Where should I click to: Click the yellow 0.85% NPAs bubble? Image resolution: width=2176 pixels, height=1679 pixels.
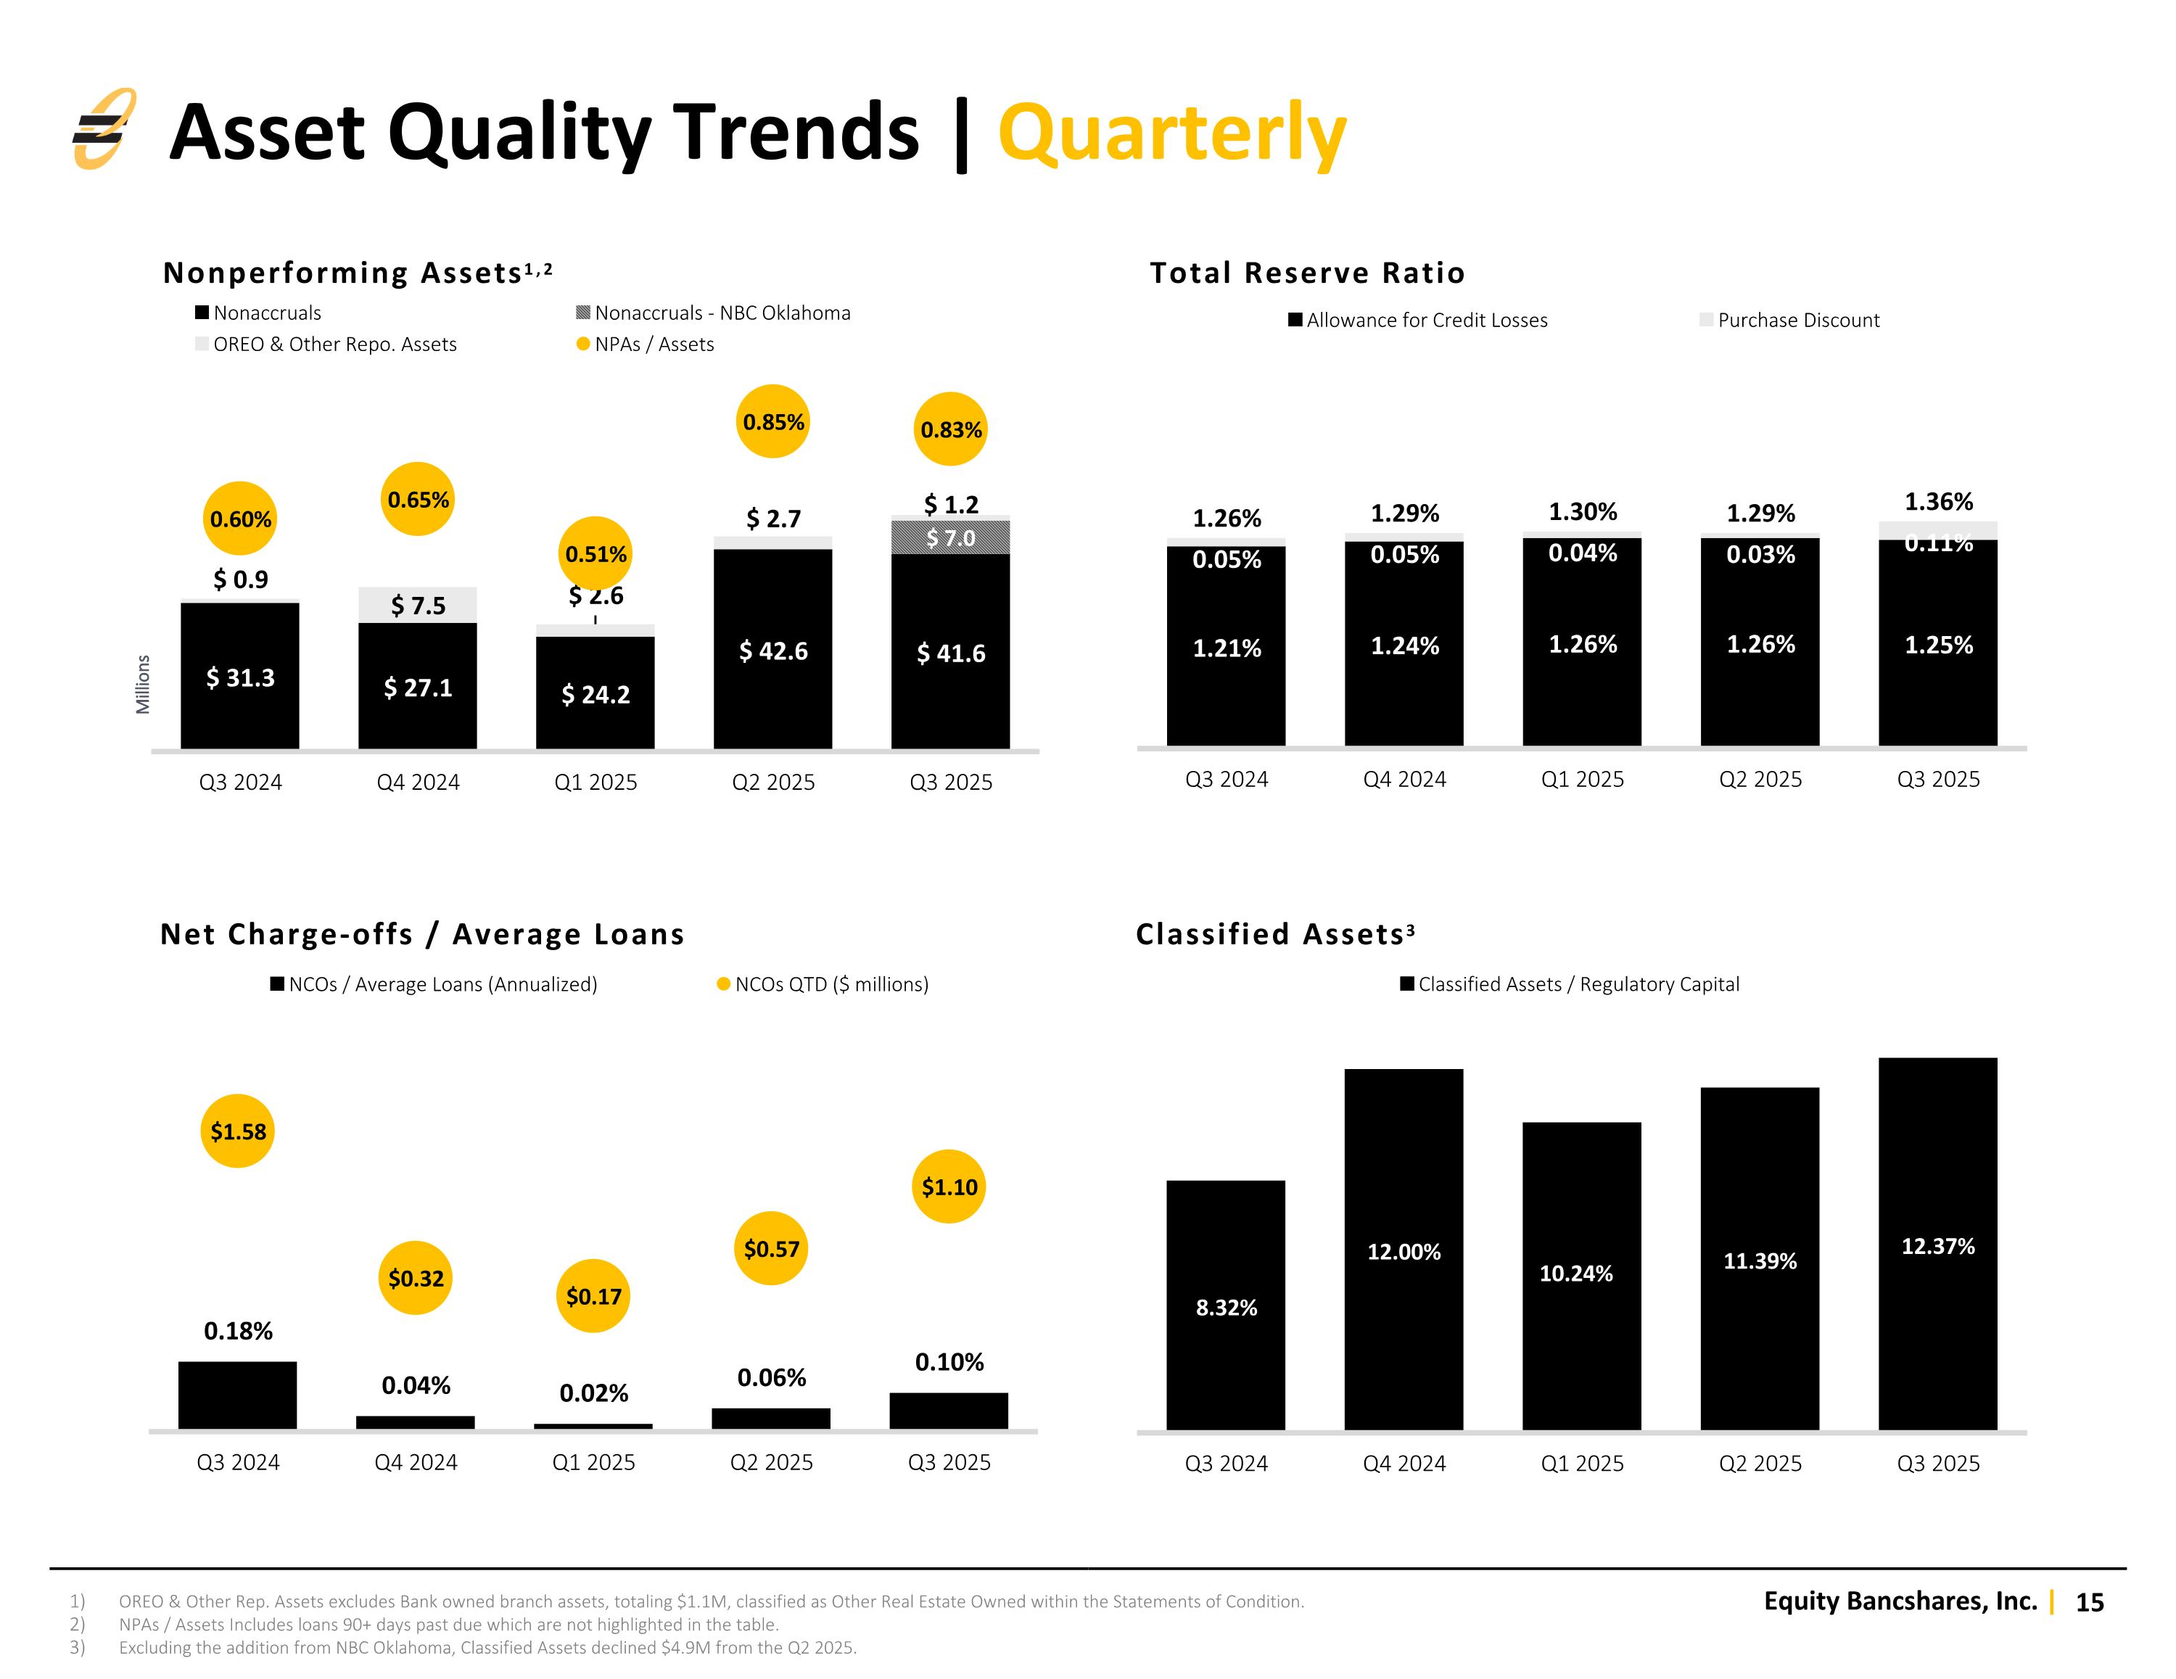pyautogui.click(x=772, y=421)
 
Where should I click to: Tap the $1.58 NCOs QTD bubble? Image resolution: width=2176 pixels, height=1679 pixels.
pyautogui.click(x=237, y=1131)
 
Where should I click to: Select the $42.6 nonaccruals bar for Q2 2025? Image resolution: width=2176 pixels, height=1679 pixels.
pyautogui.click(x=772, y=648)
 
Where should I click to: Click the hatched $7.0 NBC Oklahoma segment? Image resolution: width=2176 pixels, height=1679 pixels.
pyautogui.click(x=950, y=537)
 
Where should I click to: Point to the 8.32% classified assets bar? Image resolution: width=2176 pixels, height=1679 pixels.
pyautogui.click(x=1226, y=1305)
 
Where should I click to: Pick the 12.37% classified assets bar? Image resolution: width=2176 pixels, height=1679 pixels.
pyautogui.click(x=1938, y=1244)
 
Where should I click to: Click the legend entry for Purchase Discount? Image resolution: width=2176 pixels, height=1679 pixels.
pyautogui.click(x=1789, y=320)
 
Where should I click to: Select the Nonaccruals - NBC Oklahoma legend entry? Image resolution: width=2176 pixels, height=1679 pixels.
pyautogui.click(x=714, y=313)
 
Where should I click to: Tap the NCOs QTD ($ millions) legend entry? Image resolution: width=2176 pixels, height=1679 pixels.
pyautogui.click(x=823, y=984)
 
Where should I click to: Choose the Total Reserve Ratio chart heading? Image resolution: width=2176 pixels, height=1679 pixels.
pyautogui.click(x=1307, y=273)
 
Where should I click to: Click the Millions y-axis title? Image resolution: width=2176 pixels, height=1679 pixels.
pyautogui.click(x=144, y=683)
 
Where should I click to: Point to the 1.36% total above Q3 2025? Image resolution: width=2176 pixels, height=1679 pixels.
pyautogui.click(x=1938, y=501)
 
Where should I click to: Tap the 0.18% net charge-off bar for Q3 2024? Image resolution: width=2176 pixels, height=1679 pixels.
pyautogui.click(x=237, y=1395)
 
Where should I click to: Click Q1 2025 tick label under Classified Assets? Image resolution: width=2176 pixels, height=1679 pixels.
pyautogui.click(x=1582, y=1463)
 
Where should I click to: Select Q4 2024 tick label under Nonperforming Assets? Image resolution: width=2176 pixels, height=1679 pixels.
pyautogui.click(x=418, y=783)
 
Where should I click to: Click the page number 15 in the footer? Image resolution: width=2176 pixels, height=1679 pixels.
pyautogui.click(x=2089, y=1602)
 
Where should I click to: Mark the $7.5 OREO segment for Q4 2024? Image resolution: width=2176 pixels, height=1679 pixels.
pyautogui.click(x=418, y=605)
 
